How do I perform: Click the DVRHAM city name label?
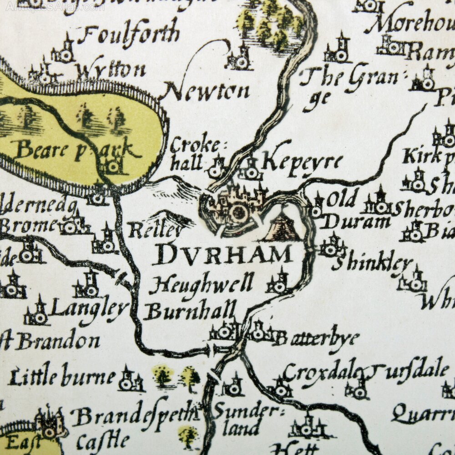coord(222,255)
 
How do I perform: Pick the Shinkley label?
coord(373,264)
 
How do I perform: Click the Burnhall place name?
coord(190,312)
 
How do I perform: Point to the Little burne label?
coord(62,377)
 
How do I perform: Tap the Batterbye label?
coord(316,338)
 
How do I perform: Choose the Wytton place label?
coord(111,71)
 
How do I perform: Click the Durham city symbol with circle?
coord(238,212)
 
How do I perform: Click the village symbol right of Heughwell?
coord(278,283)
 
